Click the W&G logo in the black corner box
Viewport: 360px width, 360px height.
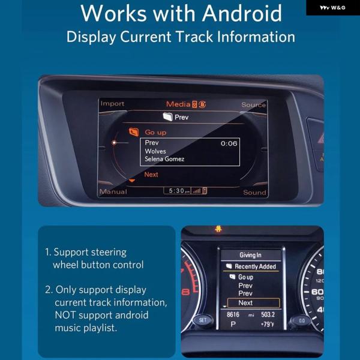(332, 8)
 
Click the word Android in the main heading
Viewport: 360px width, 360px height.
(242, 13)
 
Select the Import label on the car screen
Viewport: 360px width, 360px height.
(112, 104)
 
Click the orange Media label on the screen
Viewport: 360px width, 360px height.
(178, 104)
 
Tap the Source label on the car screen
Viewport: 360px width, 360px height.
(253, 104)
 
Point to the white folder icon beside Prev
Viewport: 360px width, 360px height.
(168, 117)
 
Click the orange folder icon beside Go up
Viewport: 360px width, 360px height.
(134, 132)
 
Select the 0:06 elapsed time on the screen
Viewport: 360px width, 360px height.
(229, 143)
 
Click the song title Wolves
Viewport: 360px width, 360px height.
(155, 151)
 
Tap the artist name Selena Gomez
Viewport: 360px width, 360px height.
(164, 159)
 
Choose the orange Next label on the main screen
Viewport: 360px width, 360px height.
(151, 175)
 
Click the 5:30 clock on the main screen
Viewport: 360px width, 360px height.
(176, 191)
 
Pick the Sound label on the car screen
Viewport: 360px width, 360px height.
(254, 193)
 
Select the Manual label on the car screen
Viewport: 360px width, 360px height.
(113, 192)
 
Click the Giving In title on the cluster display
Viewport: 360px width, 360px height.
(250, 255)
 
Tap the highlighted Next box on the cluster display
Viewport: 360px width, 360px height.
(253, 303)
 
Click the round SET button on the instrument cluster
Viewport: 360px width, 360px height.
(203, 320)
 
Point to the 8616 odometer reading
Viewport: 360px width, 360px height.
(233, 314)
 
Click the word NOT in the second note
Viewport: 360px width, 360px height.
(65, 315)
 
